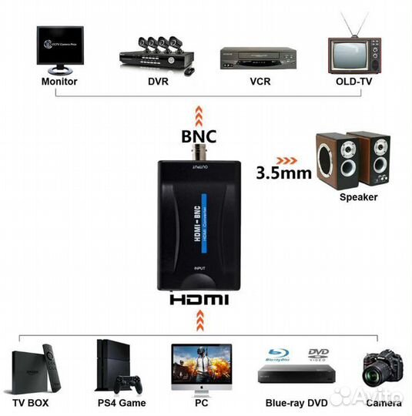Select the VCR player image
coord(257,57)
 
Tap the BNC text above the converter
coord(199,136)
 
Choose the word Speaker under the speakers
coord(359,197)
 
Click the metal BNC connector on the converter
coord(200,154)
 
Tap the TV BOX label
coord(35,401)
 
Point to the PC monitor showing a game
coord(200,365)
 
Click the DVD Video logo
coord(319,355)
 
